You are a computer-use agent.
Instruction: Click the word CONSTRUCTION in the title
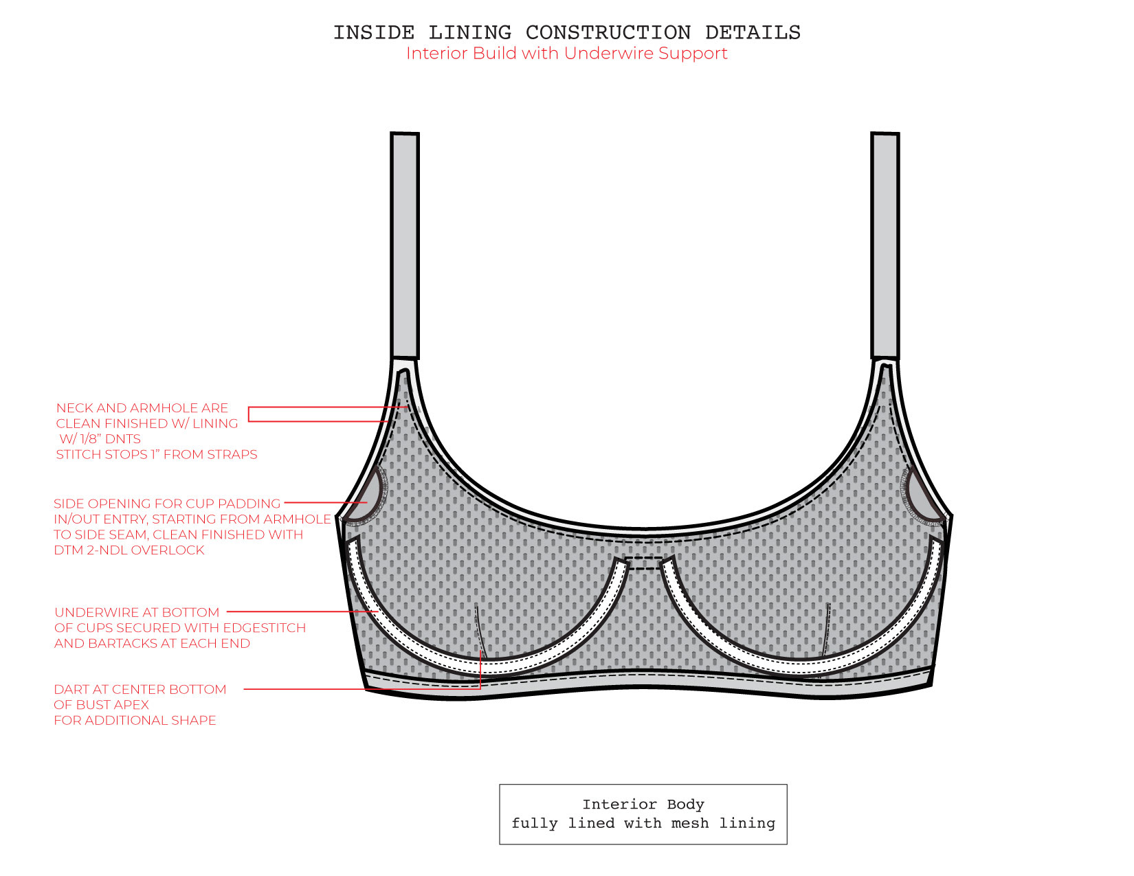tap(608, 33)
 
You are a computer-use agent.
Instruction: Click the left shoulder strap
tap(405, 244)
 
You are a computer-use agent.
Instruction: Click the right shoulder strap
tap(885, 244)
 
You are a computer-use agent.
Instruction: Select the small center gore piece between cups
tap(644, 563)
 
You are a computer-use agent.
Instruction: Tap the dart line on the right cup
tap(826, 629)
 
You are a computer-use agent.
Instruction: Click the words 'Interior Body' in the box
tap(643, 805)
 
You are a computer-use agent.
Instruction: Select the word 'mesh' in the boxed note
tap(689, 823)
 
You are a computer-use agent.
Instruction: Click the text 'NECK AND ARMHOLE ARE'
tap(142, 408)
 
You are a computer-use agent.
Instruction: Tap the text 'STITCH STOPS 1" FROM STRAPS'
tap(157, 455)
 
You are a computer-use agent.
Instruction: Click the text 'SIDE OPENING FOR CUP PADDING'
tap(167, 504)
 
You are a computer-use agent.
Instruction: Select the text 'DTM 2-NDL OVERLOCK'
tap(129, 550)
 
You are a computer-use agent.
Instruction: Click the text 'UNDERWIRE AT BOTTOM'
tap(137, 612)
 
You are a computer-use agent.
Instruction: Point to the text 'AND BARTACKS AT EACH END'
tap(152, 644)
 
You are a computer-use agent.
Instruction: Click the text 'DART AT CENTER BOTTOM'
tap(140, 689)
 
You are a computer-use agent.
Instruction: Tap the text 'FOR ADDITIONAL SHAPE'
tap(135, 721)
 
